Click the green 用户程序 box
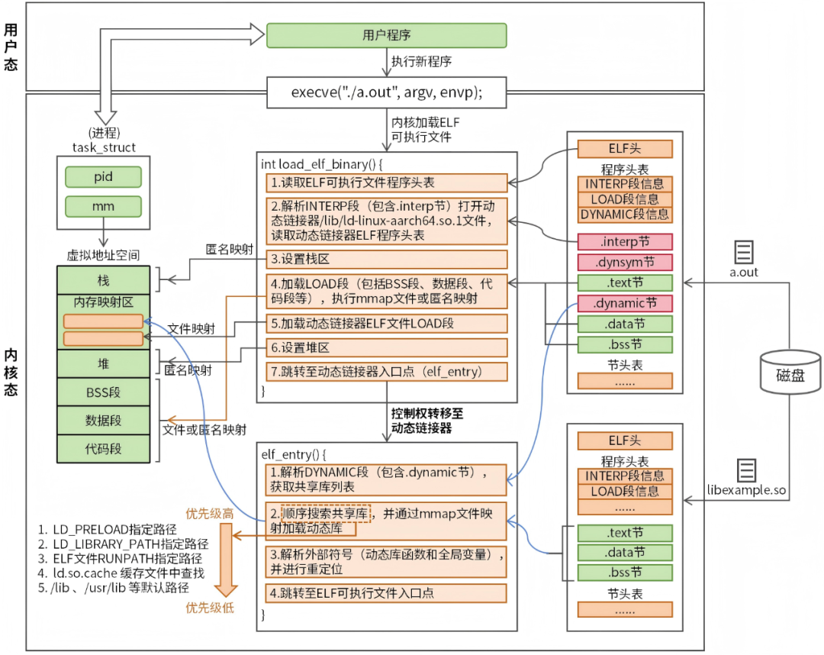coord(386,35)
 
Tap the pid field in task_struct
coord(103,177)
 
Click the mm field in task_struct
coord(103,205)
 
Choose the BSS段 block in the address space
coord(103,393)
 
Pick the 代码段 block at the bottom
coord(103,448)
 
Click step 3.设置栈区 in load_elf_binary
coord(386,259)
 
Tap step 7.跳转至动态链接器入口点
coord(386,372)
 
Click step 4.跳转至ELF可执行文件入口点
coord(386,592)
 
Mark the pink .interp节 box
coord(625,242)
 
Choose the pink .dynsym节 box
coord(625,263)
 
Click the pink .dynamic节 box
coord(625,304)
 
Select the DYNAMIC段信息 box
coord(625,215)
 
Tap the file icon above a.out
coord(744,252)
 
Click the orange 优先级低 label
coord(211,608)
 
